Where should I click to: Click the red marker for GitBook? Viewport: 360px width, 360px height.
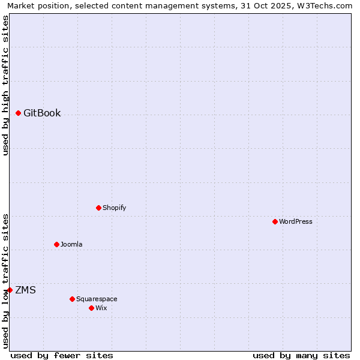pyautogui.click(x=18, y=113)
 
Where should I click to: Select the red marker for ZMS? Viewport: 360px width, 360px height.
pyautogui.click(x=10, y=290)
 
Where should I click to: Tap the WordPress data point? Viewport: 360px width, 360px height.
pyautogui.click(x=275, y=221)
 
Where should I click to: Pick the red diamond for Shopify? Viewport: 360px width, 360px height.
pyautogui.click(x=98, y=208)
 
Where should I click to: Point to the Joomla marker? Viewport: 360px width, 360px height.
pyautogui.click(x=56, y=244)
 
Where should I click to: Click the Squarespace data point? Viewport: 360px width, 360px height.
pyautogui.click(x=72, y=299)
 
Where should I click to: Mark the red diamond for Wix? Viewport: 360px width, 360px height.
pyautogui.click(x=91, y=308)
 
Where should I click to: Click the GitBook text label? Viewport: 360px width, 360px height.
pyautogui.click(x=42, y=113)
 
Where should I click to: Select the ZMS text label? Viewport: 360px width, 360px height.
pyautogui.click(x=25, y=290)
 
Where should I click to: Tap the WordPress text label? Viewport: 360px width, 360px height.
pyautogui.click(x=296, y=221)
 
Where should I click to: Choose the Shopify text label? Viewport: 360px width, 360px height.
pyautogui.click(x=114, y=208)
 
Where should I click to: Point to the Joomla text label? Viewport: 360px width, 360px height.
pyautogui.click(x=71, y=244)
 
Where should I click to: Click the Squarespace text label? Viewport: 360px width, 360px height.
pyautogui.click(x=97, y=299)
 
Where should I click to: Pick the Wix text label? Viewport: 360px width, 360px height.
pyautogui.click(x=101, y=308)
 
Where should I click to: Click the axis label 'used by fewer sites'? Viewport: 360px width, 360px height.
pyautogui.click(x=62, y=355)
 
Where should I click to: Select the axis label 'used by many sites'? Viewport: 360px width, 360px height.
pyautogui.click(x=301, y=355)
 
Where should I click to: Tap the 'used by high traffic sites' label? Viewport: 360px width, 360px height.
pyautogui.click(x=5, y=85)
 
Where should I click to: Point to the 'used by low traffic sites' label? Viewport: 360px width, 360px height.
pyautogui.click(x=5, y=280)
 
